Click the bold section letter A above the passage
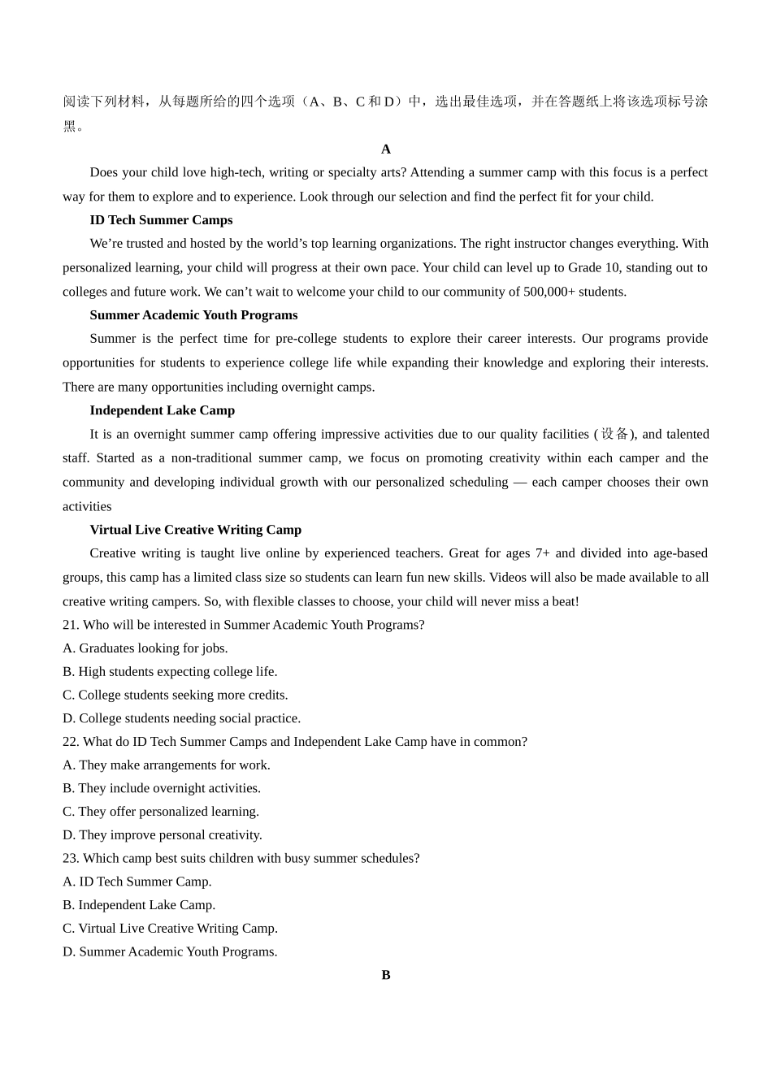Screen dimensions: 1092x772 pyautogui.click(x=386, y=149)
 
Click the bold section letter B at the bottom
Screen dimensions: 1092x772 pyautogui.click(x=386, y=975)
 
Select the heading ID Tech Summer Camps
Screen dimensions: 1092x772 pyautogui.click(x=161, y=220)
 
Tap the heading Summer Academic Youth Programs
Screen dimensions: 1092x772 pyautogui.click(x=193, y=315)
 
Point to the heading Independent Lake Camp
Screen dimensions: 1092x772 pyautogui.click(x=162, y=410)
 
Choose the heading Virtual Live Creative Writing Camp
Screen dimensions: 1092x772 pyautogui.click(x=195, y=530)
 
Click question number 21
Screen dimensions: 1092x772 pyautogui.click(x=71, y=625)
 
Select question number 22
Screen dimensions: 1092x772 pyautogui.click(x=71, y=742)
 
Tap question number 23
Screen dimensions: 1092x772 pyautogui.click(x=71, y=859)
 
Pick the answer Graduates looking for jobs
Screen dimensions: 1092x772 pyautogui.click(x=153, y=648)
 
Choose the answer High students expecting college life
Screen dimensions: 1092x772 pyautogui.click(x=177, y=672)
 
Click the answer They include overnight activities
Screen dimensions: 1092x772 pyautogui.click(x=169, y=788)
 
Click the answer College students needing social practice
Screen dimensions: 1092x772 pyautogui.click(x=189, y=718)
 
